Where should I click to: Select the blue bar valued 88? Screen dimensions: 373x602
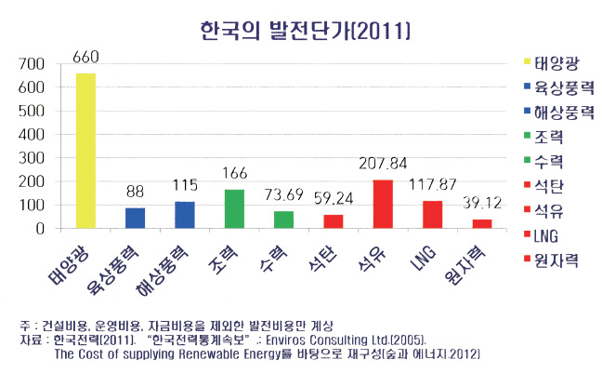pyautogui.click(x=136, y=218)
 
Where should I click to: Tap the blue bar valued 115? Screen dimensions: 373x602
pyautogui.click(x=185, y=215)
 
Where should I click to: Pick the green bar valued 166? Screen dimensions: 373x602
pyautogui.click(x=234, y=209)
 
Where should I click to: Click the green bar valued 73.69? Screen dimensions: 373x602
pyautogui.click(x=283, y=220)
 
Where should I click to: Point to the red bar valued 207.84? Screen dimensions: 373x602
pyautogui.click(x=382, y=204)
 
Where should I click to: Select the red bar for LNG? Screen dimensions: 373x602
pyautogui.click(x=432, y=214)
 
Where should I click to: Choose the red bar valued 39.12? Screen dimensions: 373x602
pyautogui.click(x=481, y=223)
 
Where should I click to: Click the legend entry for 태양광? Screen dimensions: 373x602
pyautogui.click(x=554, y=63)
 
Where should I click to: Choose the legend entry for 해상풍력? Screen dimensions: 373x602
pyautogui.click(x=563, y=112)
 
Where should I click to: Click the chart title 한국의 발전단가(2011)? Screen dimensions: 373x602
pyautogui.click(x=306, y=30)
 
